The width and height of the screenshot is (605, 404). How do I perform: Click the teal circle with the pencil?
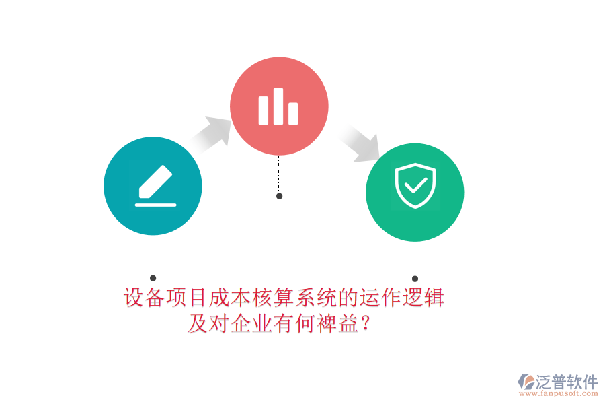coord(153,186)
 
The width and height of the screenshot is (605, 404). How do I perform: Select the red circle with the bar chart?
coord(279,106)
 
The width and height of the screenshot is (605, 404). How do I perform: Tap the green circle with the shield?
coord(415,193)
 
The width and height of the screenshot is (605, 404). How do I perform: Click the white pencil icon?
coord(155,182)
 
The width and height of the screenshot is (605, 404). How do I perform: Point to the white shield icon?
coord(415,186)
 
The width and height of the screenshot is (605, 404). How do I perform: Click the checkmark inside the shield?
coord(415,185)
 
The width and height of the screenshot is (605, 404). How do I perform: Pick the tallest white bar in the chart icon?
coord(278,106)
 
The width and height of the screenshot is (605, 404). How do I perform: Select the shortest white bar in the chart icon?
coord(293,114)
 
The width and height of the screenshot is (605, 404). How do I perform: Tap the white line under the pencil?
coord(155,205)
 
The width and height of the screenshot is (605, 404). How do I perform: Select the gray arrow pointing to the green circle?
coord(359,143)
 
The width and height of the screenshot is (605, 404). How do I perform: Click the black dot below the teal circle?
coord(153,278)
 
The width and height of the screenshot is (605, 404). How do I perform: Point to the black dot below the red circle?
coord(280,196)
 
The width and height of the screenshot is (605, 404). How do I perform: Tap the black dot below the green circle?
coord(415,279)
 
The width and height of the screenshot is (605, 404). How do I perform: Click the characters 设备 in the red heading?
coord(145,298)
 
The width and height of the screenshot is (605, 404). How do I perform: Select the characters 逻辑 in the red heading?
coord(424,298)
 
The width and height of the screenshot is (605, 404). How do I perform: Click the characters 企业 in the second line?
coord(252,323)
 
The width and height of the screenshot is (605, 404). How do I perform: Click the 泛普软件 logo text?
coord(567,382)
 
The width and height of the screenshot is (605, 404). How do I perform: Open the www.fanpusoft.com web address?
coord(559,393)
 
